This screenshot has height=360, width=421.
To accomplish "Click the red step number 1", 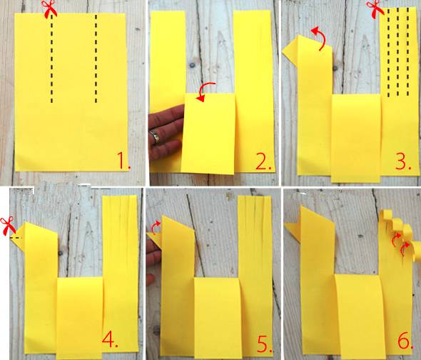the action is click(123, 160).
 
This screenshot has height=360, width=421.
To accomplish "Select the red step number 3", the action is click(402, 161).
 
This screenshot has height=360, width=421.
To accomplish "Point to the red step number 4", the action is click(110, 339).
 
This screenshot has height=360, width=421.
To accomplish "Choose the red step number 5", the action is click(265, 344).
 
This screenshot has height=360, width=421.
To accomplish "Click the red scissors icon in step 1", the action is click(50, 9).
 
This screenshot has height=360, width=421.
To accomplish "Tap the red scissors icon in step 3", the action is click(375, 9).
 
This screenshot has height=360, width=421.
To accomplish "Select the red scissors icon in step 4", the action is click(8, 226).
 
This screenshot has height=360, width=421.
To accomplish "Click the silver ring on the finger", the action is click(155, 136).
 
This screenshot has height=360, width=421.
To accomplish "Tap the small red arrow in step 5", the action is click(155, 227).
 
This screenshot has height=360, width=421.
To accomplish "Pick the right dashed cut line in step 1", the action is click(96, 59).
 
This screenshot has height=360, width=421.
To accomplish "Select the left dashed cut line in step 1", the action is click(51, 59).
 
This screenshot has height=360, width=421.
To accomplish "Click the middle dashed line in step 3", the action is click(398, 52).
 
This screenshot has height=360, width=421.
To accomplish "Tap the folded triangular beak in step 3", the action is click(290, 49).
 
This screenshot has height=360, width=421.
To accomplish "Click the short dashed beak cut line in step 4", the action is click(16, 238).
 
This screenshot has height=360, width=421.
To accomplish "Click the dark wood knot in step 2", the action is click(192, 65).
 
